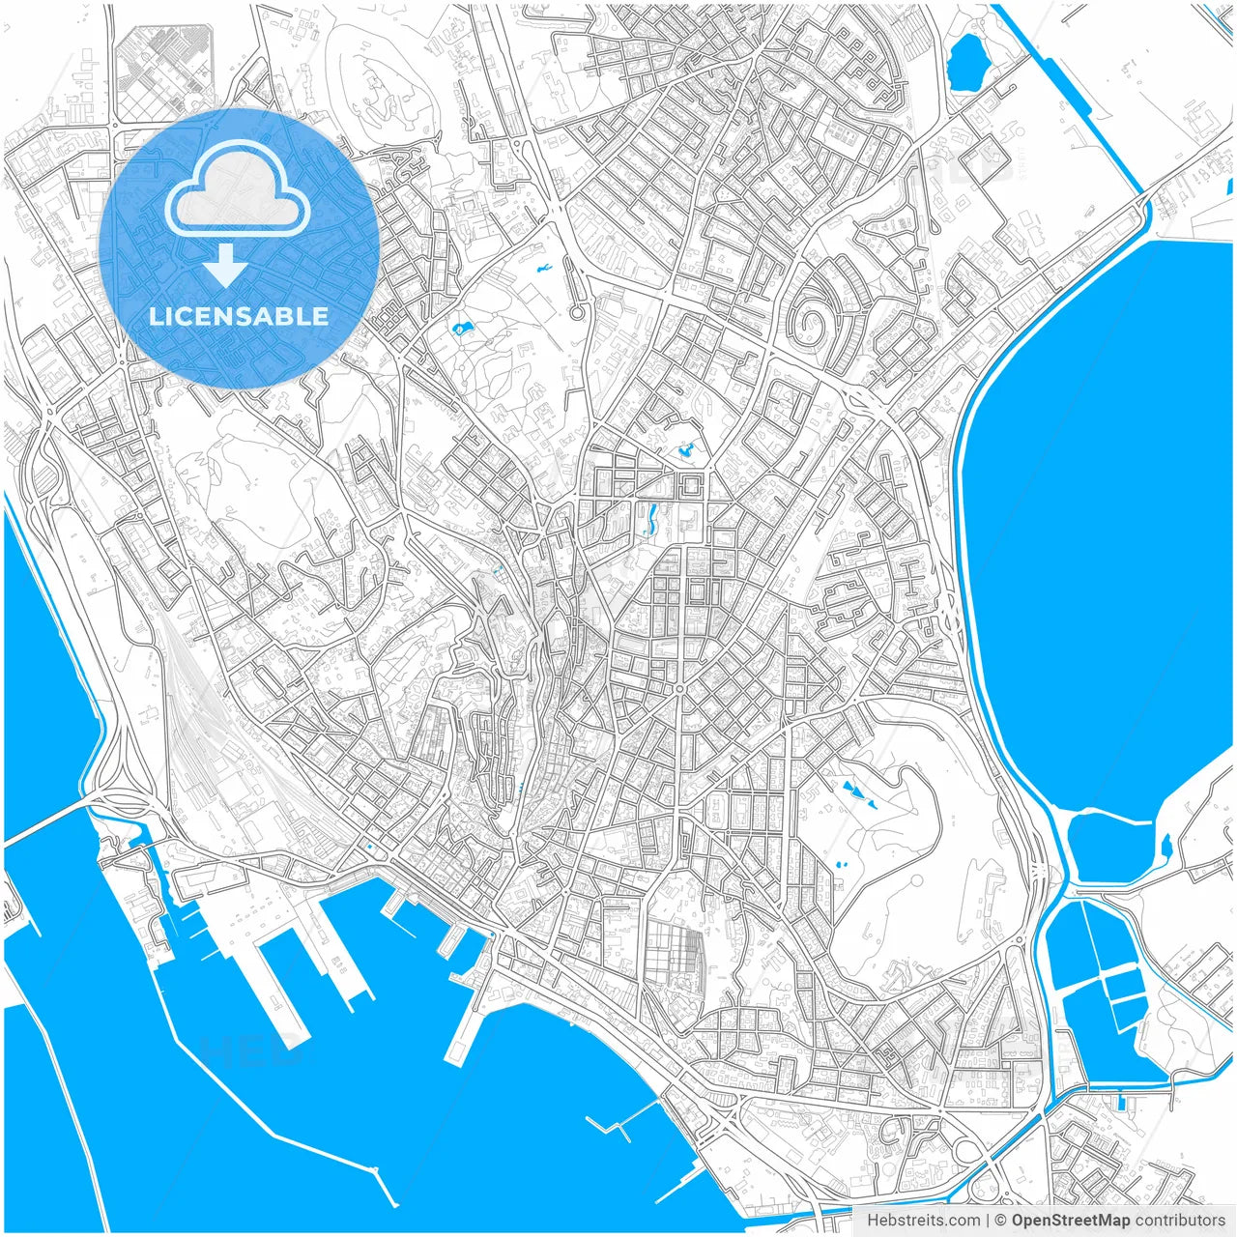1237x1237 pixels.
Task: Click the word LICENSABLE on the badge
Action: (x=239, y=316)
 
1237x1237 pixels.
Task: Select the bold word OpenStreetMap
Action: (x=1071, y=1221)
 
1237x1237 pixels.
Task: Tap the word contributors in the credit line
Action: (x=1180, y=1221)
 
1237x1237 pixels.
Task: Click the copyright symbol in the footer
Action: (x=1001, y=1221)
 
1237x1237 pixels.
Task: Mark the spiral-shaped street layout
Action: (x=815, y=314)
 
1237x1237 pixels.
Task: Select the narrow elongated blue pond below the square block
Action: (x=650, y=521)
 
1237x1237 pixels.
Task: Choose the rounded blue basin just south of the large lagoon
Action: (x=1108, y=846)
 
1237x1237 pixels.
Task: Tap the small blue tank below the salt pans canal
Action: (x=1120, y=1101)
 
